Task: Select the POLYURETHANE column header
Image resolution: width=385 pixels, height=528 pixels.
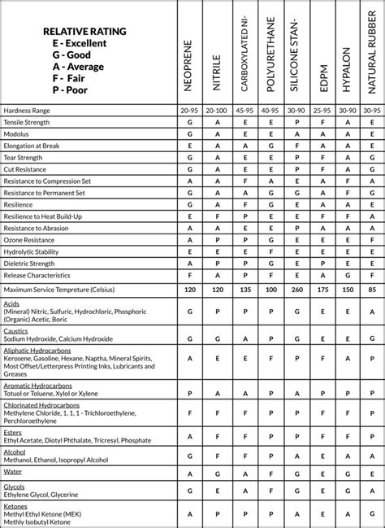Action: tap(269, 53)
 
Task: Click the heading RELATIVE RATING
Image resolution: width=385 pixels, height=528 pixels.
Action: tap(84, 31)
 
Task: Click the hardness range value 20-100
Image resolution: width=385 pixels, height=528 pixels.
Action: tap(217, 109)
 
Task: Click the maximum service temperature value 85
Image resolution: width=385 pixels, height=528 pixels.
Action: tap(371, 289)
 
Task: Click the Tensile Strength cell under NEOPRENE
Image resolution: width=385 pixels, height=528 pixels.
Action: tap(189, 121)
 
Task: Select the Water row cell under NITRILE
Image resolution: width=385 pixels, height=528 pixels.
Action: tap(217, 471)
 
